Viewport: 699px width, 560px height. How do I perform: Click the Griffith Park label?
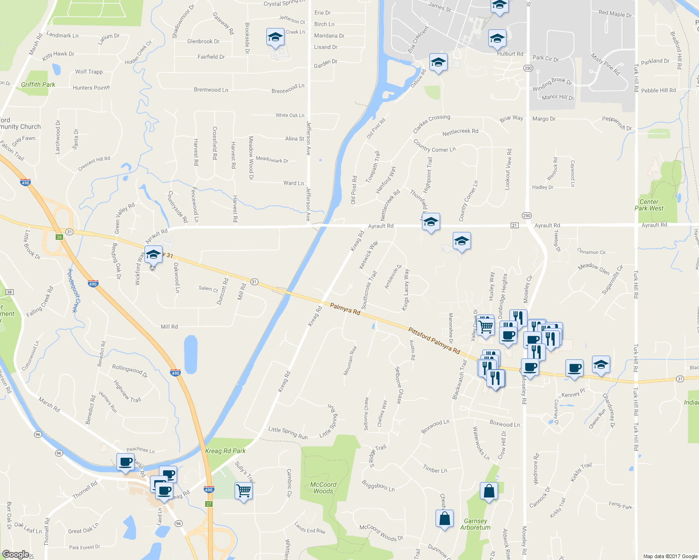(38, 84)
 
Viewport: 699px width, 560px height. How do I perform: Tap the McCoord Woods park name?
(323, 488)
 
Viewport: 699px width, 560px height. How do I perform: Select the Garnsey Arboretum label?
(475, 524)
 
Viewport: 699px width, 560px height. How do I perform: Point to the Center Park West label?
(649, 205)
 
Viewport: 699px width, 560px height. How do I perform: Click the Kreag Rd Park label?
(225, 451)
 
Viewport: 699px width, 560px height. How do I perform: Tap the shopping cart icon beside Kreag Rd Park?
(243, 491)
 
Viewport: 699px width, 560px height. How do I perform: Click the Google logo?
(15, 554)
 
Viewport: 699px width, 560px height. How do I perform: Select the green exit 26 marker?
(59, 237)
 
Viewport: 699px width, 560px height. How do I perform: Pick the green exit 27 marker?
(209, 504)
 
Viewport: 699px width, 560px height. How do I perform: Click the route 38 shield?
(9, 292)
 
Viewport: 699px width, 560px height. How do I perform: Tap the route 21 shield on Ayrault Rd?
(514, 225)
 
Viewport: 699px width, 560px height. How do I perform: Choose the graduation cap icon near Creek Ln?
(275, 38)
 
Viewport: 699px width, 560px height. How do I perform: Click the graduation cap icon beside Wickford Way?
(153, 255)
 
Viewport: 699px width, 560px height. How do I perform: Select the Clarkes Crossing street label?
(431, 123)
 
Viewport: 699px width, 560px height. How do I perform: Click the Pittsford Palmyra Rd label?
(434, 341)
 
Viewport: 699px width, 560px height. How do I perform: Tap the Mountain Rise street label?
(350, 360)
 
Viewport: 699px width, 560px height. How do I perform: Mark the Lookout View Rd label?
(508, 169)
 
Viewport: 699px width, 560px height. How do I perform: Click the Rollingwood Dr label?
(129, 371)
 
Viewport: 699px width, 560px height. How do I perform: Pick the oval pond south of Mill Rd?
(191, 354)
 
